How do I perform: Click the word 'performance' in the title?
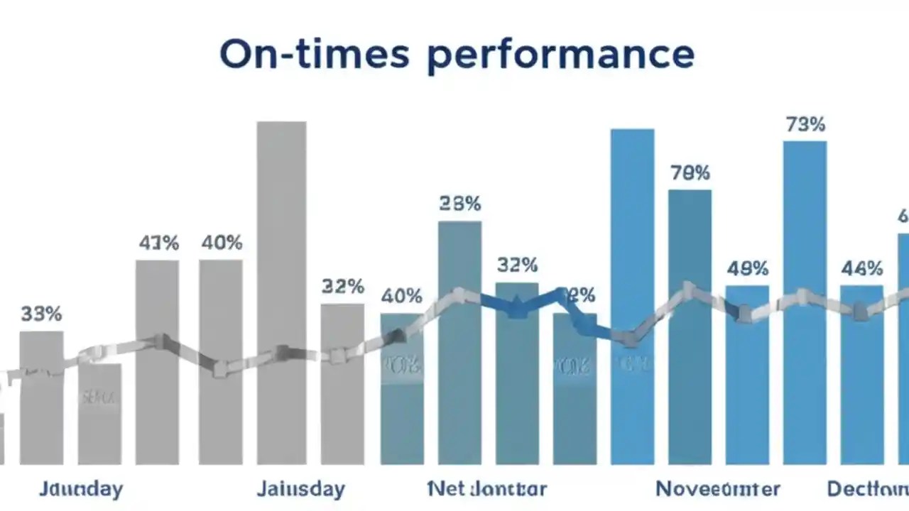pos(560,55)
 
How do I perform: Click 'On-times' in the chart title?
pos(314,54)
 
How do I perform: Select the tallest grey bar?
pos(281,291)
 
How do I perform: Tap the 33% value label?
pos(41,314)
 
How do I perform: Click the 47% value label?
pos(158,243)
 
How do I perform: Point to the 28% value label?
pos(459,204)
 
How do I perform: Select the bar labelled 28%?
pos(459,341)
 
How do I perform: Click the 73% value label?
pos(805,125)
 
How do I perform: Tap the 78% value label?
pos(690,172)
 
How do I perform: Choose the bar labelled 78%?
pos(690,326)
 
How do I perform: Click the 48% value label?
pos(747,269)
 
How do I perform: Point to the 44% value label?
pos(861,269)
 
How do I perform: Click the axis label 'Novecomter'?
pos(717,489)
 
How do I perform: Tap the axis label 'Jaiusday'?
pos(300,489)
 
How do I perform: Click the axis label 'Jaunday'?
pos(80,489)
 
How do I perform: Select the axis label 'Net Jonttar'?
pos(487,489)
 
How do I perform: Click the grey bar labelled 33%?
pos(41,397)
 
